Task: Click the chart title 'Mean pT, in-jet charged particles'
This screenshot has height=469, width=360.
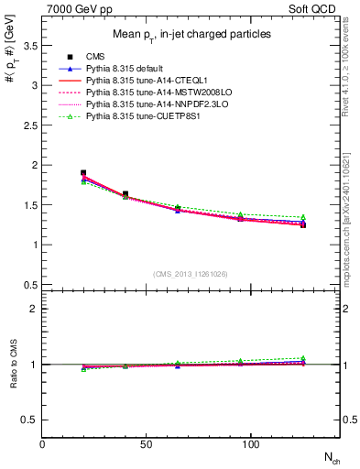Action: pyautogui.click(x=191, y=35)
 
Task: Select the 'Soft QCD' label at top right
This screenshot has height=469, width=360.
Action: pyautogui.click(x=316, y=7)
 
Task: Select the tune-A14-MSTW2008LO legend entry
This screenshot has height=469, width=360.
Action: pyautogui.click(x=147, y=93)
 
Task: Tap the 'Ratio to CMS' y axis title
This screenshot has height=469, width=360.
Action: pyautogui.click(x=13, y=365)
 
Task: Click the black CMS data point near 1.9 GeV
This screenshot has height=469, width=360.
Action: pyautogui.click(x=83, y=172)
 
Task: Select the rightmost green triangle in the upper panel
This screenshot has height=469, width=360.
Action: pyautogui.click(x=303, y=217)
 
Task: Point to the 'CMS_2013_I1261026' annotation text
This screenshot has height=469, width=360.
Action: pyautogui.click(x=191, y=274)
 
